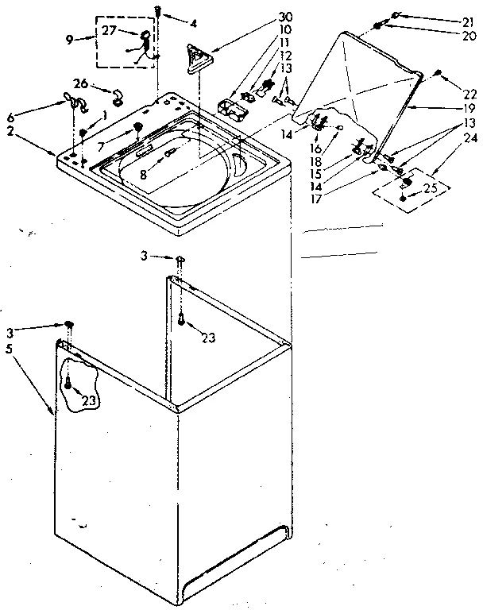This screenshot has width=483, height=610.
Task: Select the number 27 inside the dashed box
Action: coord(109,32)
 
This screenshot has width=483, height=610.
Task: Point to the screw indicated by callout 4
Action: coord(159,11)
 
